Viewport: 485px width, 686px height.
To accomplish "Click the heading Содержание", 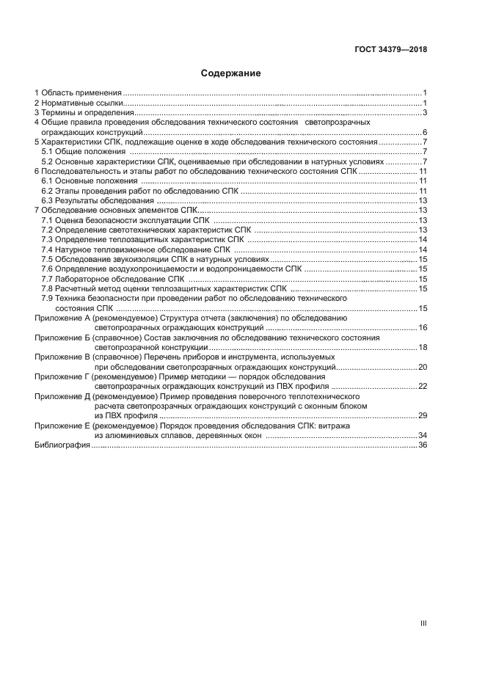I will pyautogui.click(x=231, y=73).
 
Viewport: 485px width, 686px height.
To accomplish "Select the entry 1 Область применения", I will pyautogui.click(x=79, y=93).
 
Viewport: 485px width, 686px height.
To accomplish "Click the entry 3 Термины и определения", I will pyautogui.click(x=84, y=113).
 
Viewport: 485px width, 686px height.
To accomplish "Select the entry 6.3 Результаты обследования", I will pyautogui.click(x=98, y=200).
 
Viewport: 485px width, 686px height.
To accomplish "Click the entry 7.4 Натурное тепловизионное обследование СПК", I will pyautogui.click(x=136, y=249).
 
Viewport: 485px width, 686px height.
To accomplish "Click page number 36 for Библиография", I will pyautogui.click(x=423, y=445).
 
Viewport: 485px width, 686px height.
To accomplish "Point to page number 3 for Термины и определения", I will pyautogui.click(x=425, y=113).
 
